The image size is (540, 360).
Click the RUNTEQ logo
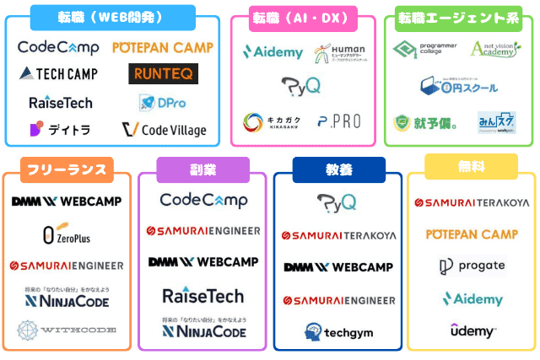coord(164,74)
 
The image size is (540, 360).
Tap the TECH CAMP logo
coord(58,74)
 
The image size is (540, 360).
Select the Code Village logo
coord(164,130)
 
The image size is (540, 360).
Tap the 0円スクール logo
coord(458,85)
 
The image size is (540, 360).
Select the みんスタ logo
coord(497,122)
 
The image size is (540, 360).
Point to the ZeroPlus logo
coord(67,234)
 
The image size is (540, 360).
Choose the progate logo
coord(472,266)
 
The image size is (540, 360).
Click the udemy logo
coord(472,330)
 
